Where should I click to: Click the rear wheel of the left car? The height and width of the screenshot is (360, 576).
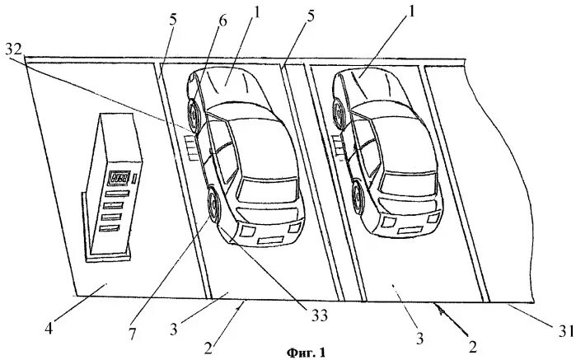point(194,115)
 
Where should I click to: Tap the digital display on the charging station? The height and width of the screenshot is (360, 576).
point(122,178)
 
